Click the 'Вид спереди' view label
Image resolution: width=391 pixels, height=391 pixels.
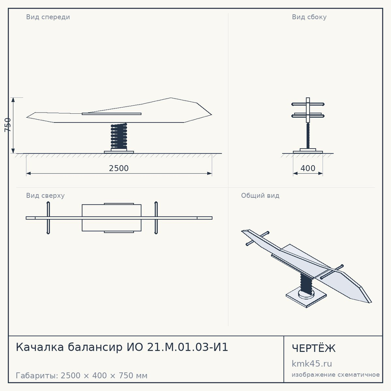click(48, 17)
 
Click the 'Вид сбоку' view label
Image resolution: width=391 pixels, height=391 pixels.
click(309, 17)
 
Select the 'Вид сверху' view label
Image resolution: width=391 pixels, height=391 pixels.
click(45, 195)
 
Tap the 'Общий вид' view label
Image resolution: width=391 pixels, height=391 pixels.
click(260, 195)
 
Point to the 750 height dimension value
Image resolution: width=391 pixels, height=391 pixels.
click(8, 125)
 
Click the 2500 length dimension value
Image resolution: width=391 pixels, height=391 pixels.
click(119, 168)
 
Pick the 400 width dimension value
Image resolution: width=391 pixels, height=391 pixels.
click(308, 168)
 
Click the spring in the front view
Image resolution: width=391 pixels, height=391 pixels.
click(119, 136)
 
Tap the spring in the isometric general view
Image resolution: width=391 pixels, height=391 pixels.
click(307, 283)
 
